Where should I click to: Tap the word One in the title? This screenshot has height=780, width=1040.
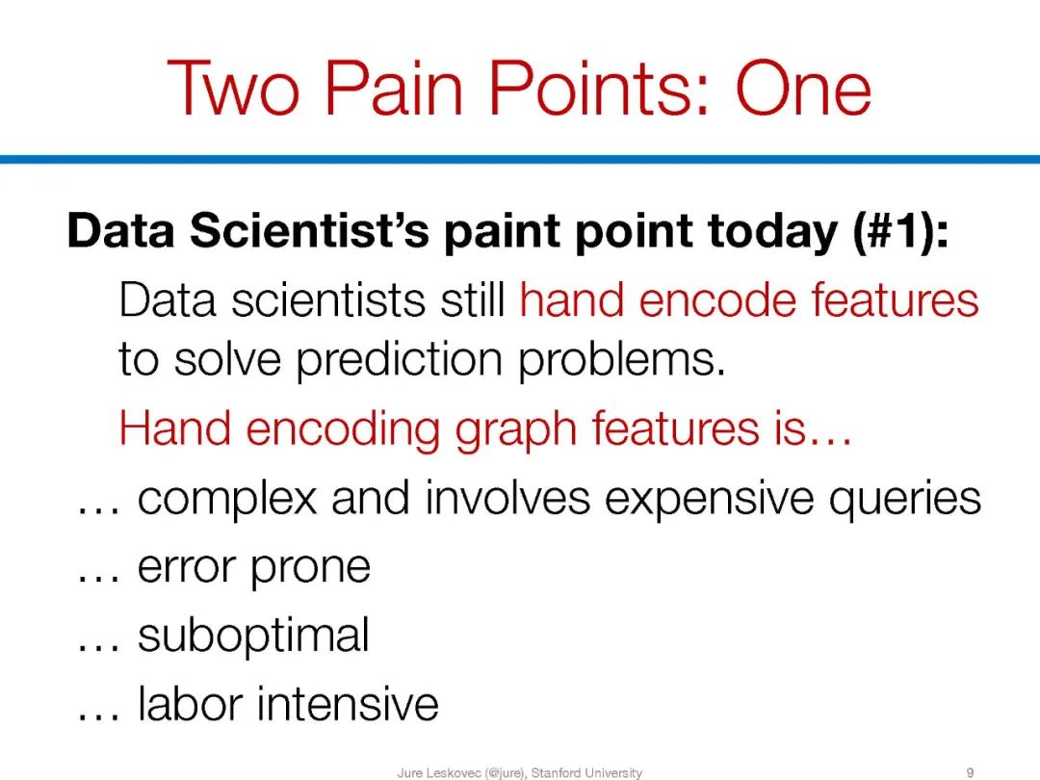click(803, 89)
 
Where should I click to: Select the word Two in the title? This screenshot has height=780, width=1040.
click(234, 89)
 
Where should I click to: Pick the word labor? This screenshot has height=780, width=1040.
click(190, 703)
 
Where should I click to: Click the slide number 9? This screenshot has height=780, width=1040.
click(971, 772)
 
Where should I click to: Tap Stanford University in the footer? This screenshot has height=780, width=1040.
click(586, 772)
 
